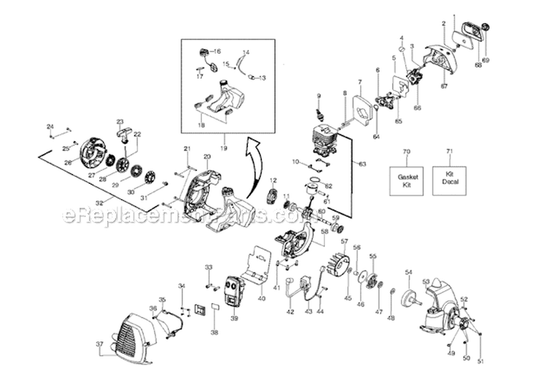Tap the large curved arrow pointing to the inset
click(252, 169)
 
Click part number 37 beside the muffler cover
click(100, 344)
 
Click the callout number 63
click(362, 164)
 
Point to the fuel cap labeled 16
click(205, 52)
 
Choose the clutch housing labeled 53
click(437, 301)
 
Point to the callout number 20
click(206, 156)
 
